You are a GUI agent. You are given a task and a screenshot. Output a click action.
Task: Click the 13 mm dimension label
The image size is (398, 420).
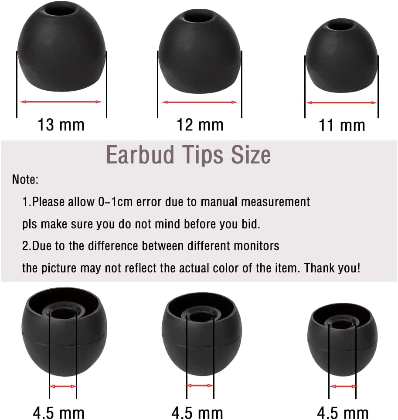[x=61, y=125]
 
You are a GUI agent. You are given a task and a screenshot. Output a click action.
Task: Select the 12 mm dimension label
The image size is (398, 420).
[x=200, y=125]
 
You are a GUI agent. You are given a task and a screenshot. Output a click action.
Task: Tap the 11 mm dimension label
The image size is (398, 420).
[x=342, y=125]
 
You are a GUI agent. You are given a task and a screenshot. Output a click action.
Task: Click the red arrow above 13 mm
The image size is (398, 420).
[x=61, y=102]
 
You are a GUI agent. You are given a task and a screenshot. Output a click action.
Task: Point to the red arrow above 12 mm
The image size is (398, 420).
[x=200, y=102]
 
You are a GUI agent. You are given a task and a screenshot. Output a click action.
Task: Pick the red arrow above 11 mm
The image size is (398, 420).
[x=342, y=103]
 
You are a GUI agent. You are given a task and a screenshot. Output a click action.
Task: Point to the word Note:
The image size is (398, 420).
[x=25, y=179]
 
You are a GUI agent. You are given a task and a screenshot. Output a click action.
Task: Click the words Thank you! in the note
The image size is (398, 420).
[x=332, y=268]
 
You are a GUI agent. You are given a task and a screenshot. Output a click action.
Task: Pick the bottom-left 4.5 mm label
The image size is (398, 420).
[x=59, y=412]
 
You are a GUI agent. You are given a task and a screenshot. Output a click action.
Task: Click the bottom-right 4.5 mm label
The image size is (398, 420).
[x=343, y=412]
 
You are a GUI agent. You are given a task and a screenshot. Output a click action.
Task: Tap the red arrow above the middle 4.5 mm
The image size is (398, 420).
[x=200, y=386]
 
